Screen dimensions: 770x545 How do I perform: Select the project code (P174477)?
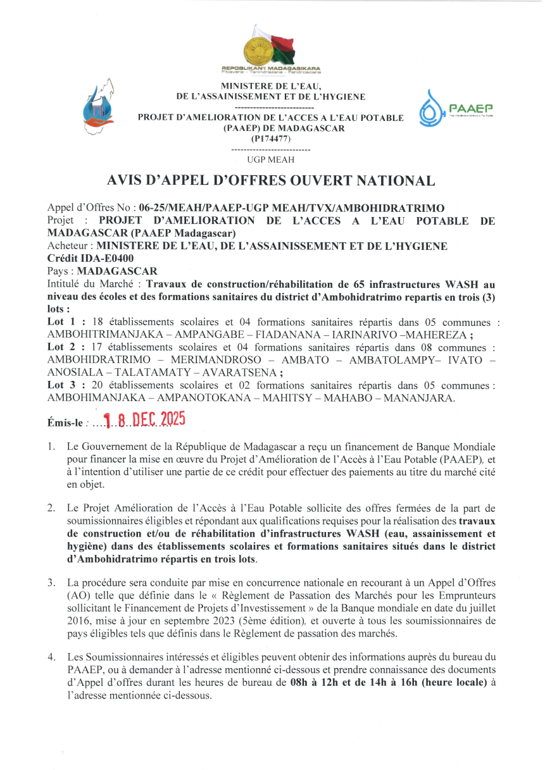click(x=271, y=138)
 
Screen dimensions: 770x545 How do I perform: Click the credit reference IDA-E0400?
click(x=113, y=259)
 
